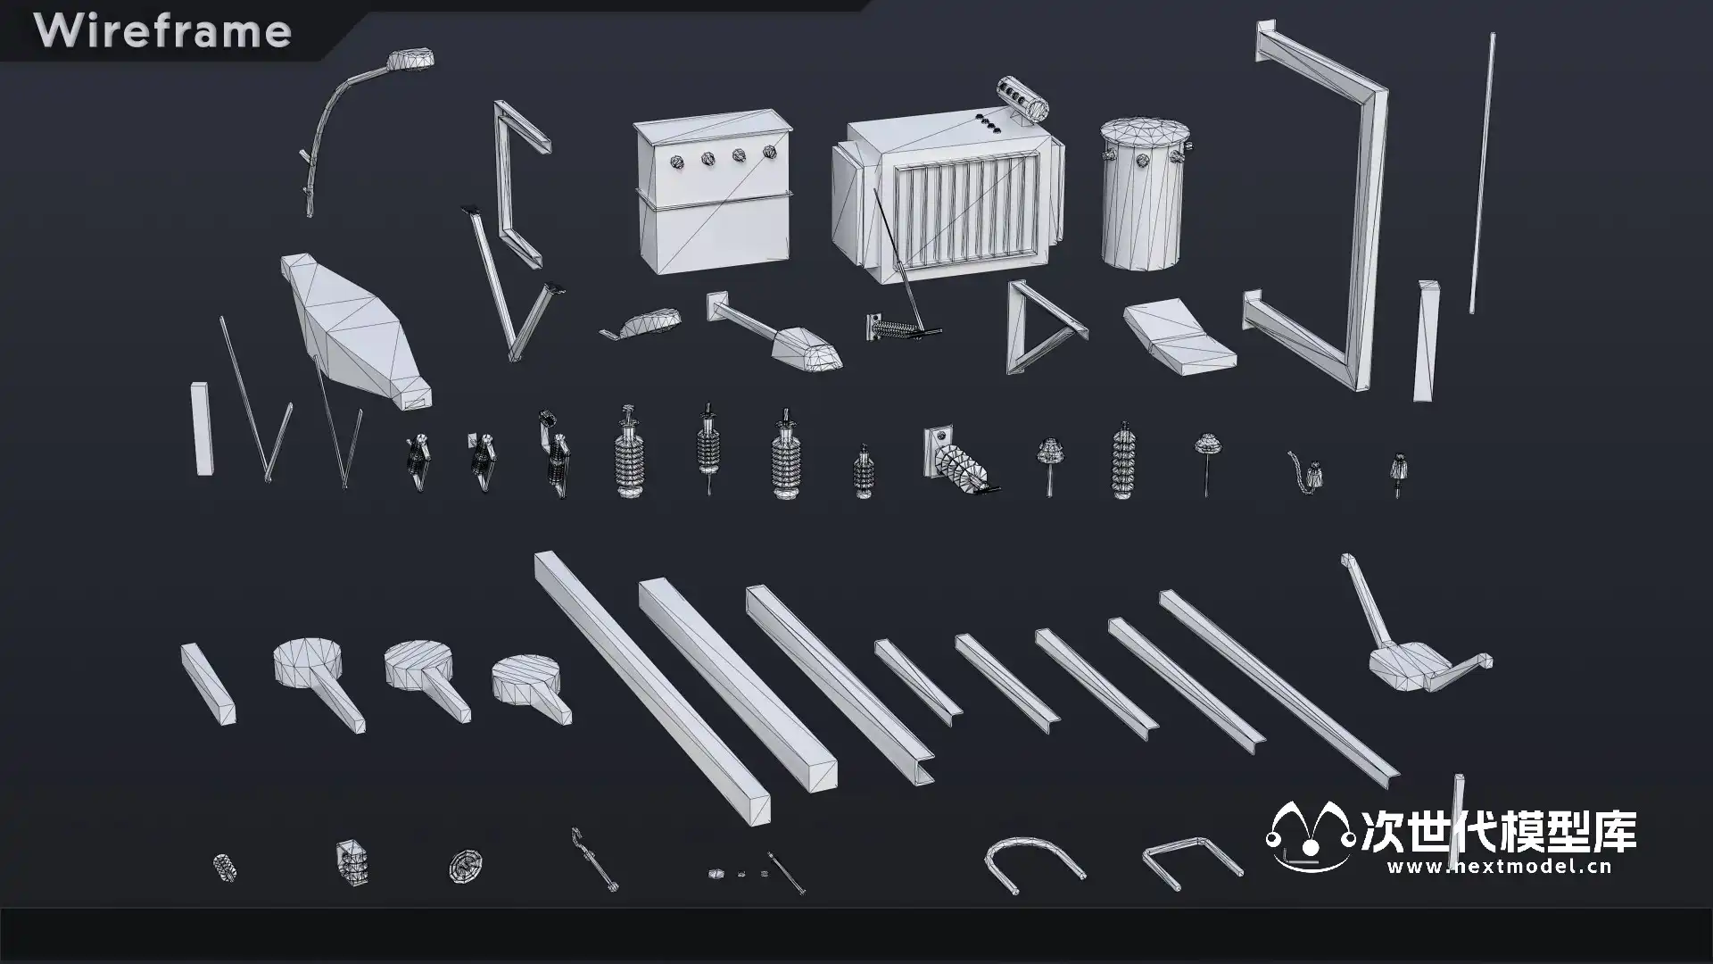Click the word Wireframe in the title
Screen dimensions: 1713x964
pyautogui.click(x=162, y=31)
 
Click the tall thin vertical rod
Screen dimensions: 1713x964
pyautogui.click(x=1482, y=173)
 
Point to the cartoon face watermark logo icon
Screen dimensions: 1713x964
pyautogui.click(x=1310, y=837)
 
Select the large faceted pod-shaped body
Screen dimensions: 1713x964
pyautogui.click(x=355, y=331)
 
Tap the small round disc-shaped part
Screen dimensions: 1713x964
pyautogui.click(x=465, y=864)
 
